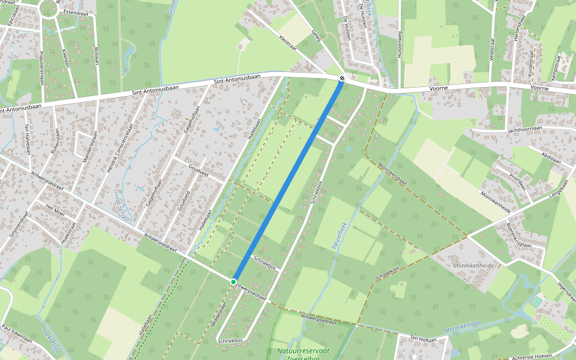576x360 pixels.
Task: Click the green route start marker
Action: pyautogui.click(x=233, y=281)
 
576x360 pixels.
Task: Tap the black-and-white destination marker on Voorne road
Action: pyautogui.click(x=341, y=79)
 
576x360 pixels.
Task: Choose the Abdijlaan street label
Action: pyautogui.click(x=550, y=154)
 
